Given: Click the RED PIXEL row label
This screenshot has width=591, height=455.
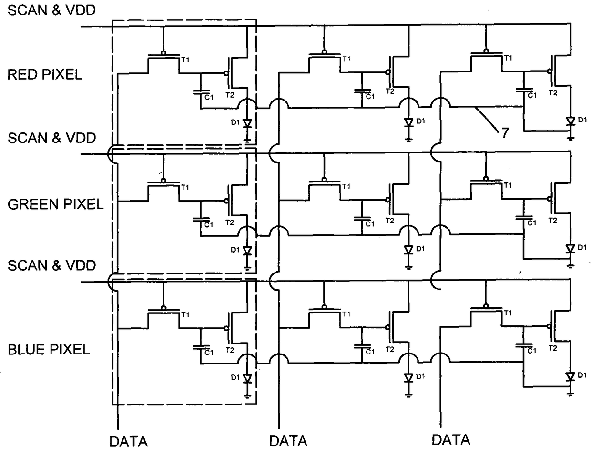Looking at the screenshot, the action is coord(45,74).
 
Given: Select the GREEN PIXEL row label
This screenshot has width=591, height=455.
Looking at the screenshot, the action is coord(55,204).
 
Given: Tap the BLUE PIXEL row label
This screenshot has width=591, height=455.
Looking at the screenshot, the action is coord(49,350).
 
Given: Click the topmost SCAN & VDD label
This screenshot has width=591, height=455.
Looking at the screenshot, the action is coord(51,10).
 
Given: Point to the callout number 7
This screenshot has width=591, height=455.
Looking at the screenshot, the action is coord(505,133).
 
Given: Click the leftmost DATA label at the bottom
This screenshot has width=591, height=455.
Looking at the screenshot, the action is coord(128,442).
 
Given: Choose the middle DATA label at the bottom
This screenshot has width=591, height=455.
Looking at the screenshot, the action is coord(288,441).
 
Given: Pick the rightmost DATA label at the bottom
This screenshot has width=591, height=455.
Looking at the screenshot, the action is coord(451,440).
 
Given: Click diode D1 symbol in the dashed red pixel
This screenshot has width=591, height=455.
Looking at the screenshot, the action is coord(247,124).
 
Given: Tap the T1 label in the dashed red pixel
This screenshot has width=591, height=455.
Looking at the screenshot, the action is coord(185,60).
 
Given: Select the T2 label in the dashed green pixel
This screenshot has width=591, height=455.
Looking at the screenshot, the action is coord(230,222).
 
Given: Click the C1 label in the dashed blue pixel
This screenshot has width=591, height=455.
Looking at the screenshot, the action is coord(209,353).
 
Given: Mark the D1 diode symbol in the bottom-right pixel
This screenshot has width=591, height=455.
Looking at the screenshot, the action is coord(570,377).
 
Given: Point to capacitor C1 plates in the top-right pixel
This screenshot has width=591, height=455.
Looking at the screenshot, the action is coord(524,90).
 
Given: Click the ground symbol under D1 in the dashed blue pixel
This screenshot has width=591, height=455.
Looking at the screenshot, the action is coord(247,396).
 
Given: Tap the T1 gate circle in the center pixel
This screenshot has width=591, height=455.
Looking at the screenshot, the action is coord(324,180).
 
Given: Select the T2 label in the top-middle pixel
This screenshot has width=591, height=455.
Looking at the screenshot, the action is coord(390,91).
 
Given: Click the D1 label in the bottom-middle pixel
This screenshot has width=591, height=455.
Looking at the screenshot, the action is coord(420,376).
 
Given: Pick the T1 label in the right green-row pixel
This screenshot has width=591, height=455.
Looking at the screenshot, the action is coord(508,185).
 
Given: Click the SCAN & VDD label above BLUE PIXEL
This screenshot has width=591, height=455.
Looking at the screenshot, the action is coord(51,265).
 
